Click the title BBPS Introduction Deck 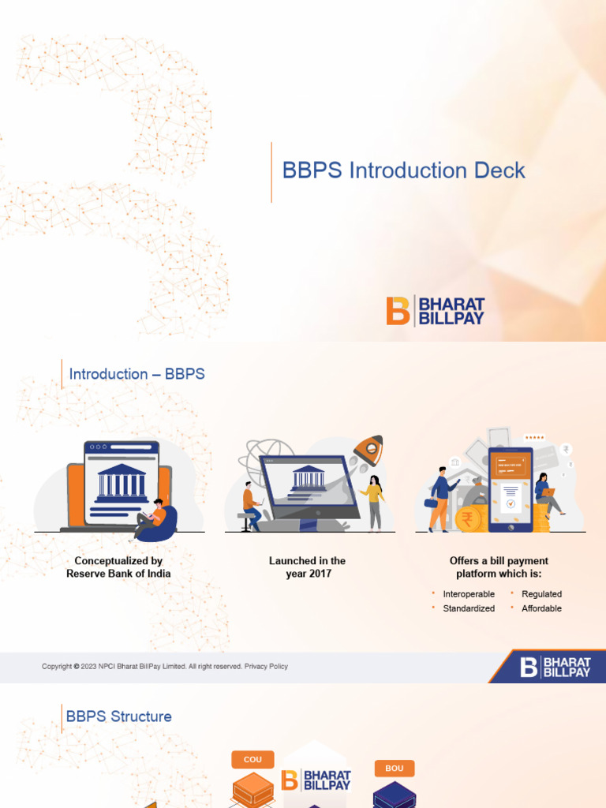point(403,170)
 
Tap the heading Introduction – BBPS point(137,374)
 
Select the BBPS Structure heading point(119,716)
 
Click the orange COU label point(252,759)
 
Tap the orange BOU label point(394,769)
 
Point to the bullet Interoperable point(469,593)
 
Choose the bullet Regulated point(541,593)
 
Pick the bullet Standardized point(469,608)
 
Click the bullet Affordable point(541,608)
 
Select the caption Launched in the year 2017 point(307,567)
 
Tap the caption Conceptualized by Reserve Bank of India point(118,567)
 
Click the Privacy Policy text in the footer point(266,666)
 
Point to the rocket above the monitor point(368,451)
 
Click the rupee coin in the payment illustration point(466,519)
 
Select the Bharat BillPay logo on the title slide point(435,311)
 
